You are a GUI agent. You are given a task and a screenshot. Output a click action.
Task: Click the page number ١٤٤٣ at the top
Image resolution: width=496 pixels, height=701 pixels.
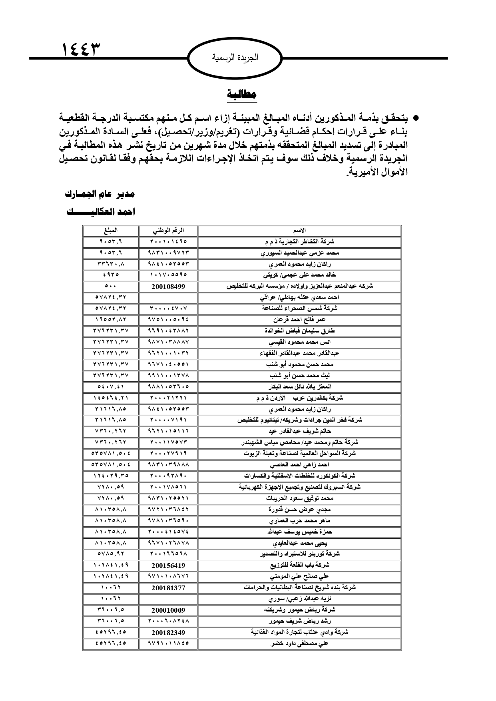81,50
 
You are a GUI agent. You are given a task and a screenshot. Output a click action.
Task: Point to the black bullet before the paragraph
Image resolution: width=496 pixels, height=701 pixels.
415,119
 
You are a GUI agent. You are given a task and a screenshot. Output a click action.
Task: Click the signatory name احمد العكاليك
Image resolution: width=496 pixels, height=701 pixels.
101,212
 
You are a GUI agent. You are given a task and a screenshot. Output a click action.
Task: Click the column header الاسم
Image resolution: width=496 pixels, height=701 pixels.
299,231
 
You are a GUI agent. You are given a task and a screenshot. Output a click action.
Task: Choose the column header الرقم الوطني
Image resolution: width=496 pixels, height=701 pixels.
168,231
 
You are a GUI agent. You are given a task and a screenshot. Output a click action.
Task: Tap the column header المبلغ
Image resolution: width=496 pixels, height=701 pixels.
111,231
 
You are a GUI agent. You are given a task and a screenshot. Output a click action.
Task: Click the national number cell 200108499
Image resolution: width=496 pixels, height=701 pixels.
168,286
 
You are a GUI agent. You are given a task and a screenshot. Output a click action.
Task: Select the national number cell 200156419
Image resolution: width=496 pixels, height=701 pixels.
168,566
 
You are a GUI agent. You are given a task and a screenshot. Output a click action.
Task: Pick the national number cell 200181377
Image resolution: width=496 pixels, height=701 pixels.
168,588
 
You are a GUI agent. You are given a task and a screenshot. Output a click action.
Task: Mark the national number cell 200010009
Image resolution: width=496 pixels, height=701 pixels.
168,610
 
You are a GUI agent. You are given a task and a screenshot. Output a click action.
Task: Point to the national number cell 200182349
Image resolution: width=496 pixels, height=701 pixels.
168,633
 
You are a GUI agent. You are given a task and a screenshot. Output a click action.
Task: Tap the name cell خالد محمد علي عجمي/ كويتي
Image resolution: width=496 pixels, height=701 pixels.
299,275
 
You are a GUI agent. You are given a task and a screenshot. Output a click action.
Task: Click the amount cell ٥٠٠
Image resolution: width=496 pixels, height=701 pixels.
111,286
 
